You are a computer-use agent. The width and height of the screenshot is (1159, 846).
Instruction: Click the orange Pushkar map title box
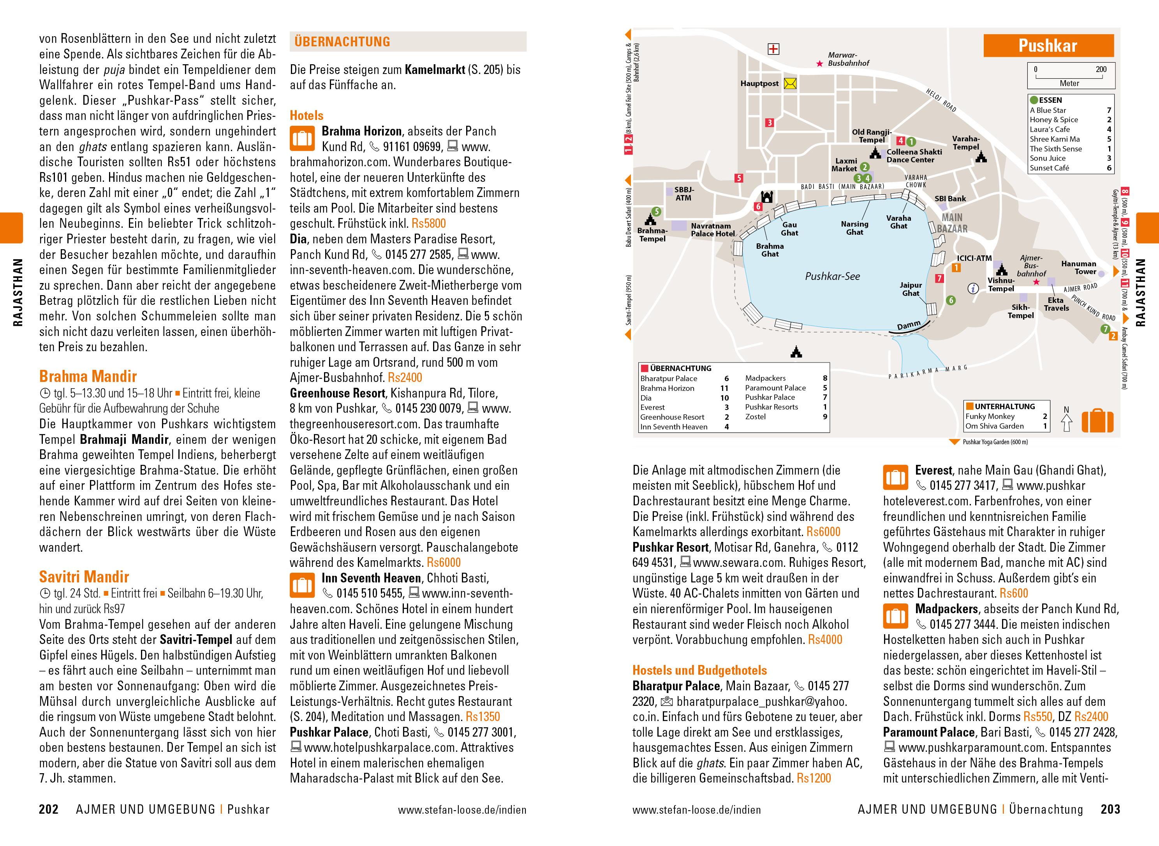(x=1048, y=46)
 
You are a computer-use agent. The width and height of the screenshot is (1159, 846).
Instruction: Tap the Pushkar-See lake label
(x=832, y=276)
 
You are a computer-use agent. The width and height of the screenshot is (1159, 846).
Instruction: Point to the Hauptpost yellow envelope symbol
(x=790, y=83)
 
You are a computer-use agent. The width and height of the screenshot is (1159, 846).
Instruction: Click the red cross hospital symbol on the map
(x=773, y=49)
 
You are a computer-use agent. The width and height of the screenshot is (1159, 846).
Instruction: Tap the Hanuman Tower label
(x=1079, y=267)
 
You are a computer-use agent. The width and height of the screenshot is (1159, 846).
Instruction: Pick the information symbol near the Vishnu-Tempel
(x=972, y=288)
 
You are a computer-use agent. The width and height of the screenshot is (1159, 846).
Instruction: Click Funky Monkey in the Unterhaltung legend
(x=990, y=416)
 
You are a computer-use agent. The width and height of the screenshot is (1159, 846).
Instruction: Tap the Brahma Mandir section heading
(x=88, y=377)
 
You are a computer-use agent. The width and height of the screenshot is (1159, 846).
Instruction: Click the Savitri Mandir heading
(x=84, y=577)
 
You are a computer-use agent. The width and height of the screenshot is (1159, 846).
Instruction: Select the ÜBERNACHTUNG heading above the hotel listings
(x=342, y=42)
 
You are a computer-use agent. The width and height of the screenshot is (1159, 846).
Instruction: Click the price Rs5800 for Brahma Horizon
(x=429, y=224)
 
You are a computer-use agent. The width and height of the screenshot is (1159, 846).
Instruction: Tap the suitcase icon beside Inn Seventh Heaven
(x=302, y=585)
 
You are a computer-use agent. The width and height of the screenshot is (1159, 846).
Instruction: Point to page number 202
(x=49, y=810)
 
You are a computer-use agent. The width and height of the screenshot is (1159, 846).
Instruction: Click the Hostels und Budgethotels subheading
(x=699, y=670)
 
